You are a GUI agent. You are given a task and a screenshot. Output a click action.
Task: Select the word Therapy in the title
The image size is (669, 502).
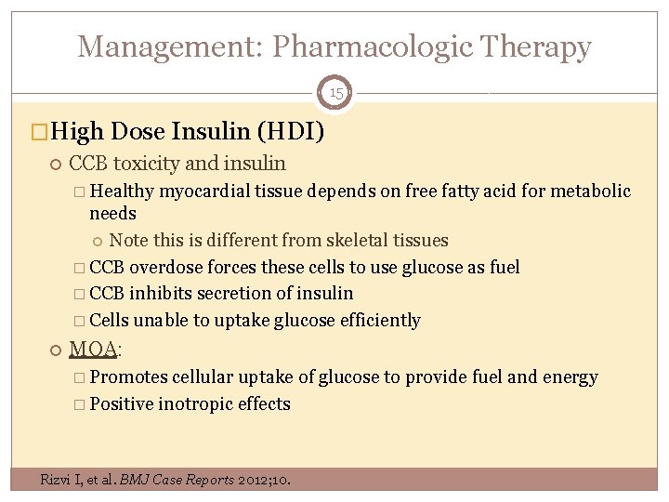click(x=537, y=46)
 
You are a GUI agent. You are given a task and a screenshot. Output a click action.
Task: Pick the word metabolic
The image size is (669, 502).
click(x=593, y=192)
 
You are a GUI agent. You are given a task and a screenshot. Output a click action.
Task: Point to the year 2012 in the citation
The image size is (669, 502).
click(x=252, y=480)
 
